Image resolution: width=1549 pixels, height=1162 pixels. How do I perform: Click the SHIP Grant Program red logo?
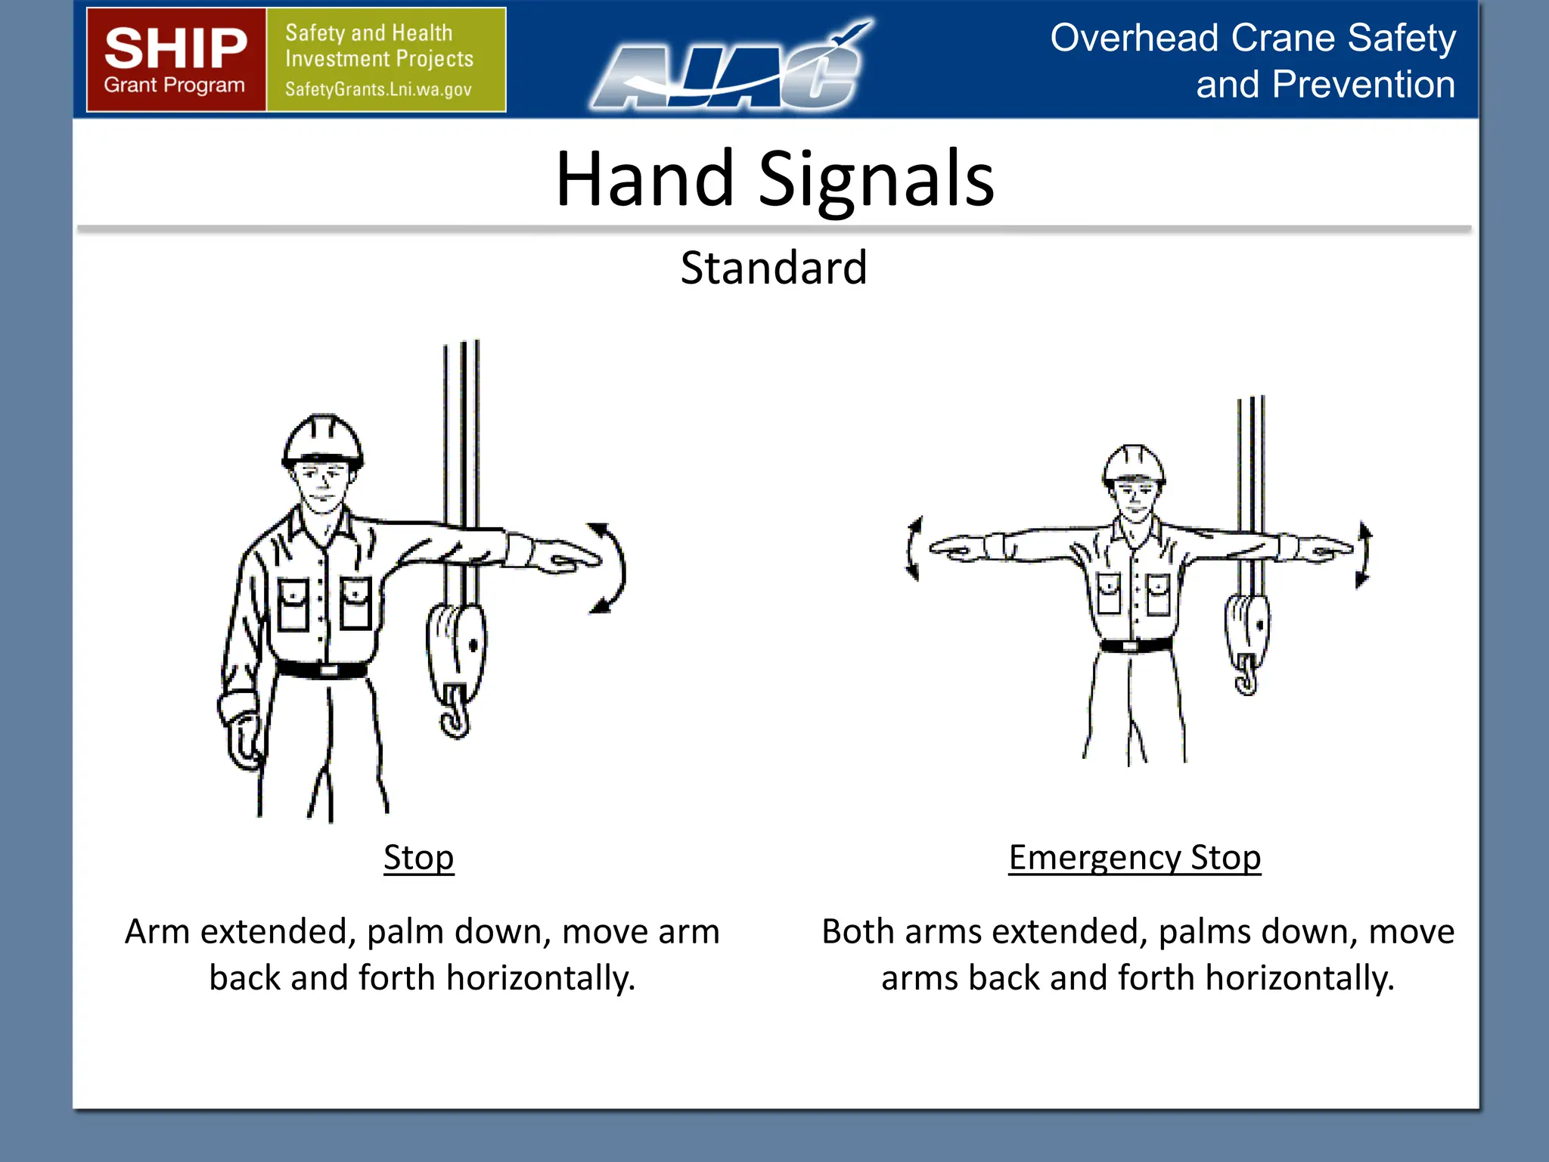[x=175, y=60]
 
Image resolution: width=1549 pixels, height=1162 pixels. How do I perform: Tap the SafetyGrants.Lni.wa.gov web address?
[x=378, y=89]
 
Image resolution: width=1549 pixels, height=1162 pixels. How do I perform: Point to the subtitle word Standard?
[x=773, y=268]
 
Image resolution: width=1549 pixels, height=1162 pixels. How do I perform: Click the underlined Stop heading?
[x=418, y=858]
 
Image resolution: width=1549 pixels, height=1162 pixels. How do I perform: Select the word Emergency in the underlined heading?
[x=1094, y=858]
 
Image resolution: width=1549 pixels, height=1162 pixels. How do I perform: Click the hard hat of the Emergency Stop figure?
[x=1133, y=463]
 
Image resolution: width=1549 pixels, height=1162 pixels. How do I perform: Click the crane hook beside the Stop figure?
[x=455, y=711]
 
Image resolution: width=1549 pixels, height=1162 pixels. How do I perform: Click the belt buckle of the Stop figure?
[x=328, y=670]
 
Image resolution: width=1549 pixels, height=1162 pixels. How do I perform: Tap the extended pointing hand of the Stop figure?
[x=563, y=558]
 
